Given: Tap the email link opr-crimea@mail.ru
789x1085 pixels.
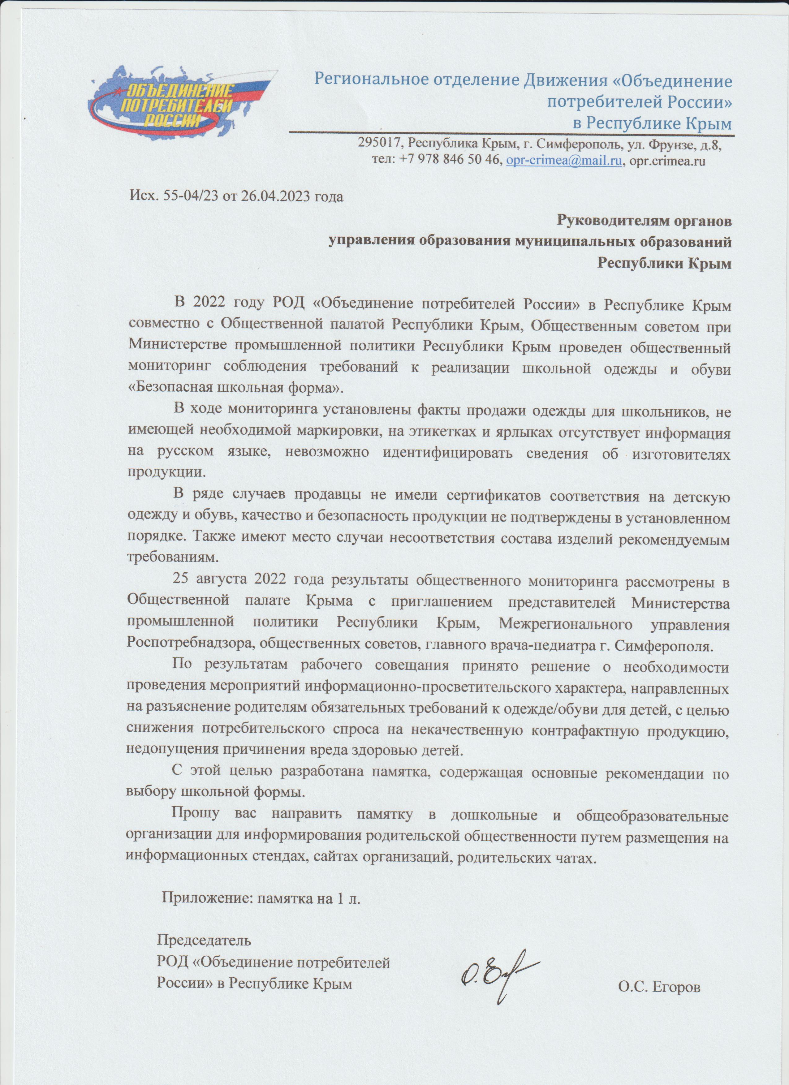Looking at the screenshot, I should [564, 161].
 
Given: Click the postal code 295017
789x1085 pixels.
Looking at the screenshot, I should [380, 144].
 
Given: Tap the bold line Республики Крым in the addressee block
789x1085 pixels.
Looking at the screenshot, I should [665, 263].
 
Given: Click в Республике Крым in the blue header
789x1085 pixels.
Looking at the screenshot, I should [653, 124].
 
